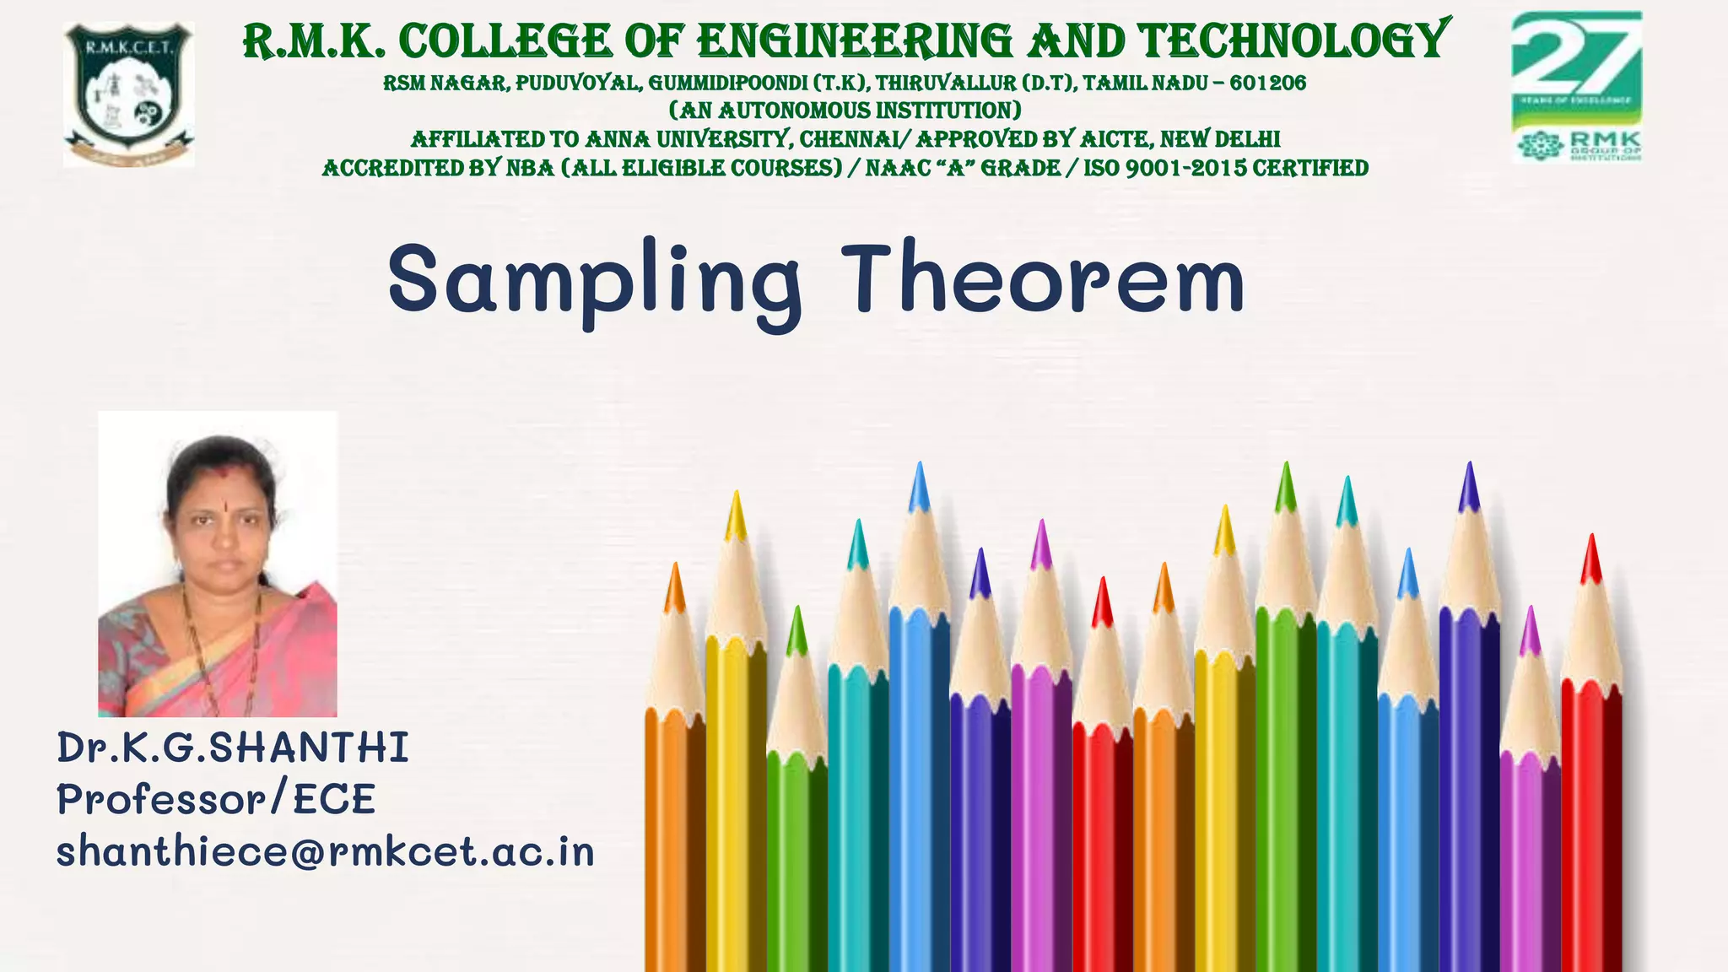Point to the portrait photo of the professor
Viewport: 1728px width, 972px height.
(x=218, y=564)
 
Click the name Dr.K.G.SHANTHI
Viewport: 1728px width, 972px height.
(x=233, y=748)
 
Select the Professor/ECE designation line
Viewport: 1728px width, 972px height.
(x=216, y=800)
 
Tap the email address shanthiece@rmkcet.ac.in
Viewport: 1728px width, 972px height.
(x=326, y=852)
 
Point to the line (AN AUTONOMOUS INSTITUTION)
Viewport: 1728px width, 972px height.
(x=845, y=111)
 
